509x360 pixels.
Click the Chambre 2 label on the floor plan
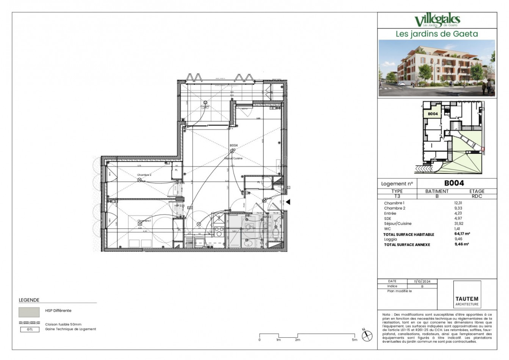pos(144,175)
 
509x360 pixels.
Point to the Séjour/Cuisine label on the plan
pos(233,158)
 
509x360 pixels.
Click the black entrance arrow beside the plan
pos(288,202)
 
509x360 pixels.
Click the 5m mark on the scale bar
pos(354,340)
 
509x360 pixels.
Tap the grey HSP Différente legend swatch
pos(29,312)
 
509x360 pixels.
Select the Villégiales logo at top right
pos(437,20)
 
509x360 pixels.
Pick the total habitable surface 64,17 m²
pos(462,234)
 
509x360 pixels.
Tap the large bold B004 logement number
pos(454,183)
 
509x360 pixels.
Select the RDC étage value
pos(477,196)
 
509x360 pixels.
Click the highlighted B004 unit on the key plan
pos(432,114)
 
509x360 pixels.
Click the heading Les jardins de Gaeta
pos(437,34)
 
